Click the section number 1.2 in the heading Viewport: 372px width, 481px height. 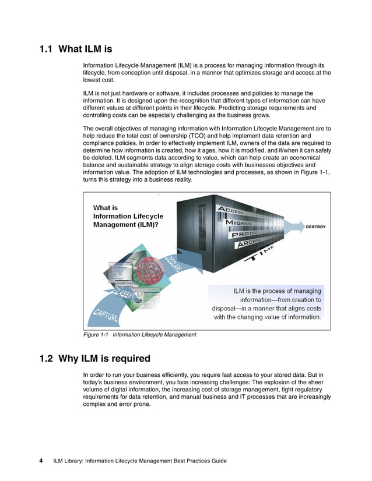pos(48,358)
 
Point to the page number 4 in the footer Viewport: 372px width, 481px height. pos(41,461)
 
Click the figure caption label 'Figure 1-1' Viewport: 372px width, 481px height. pos(97,335)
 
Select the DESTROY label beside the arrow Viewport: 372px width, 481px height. pos(315,227)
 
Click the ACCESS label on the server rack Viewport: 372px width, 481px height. pos(232,210)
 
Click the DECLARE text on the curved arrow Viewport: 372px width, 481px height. pos(173,264)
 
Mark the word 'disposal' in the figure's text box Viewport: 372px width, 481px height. pos(228,309)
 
